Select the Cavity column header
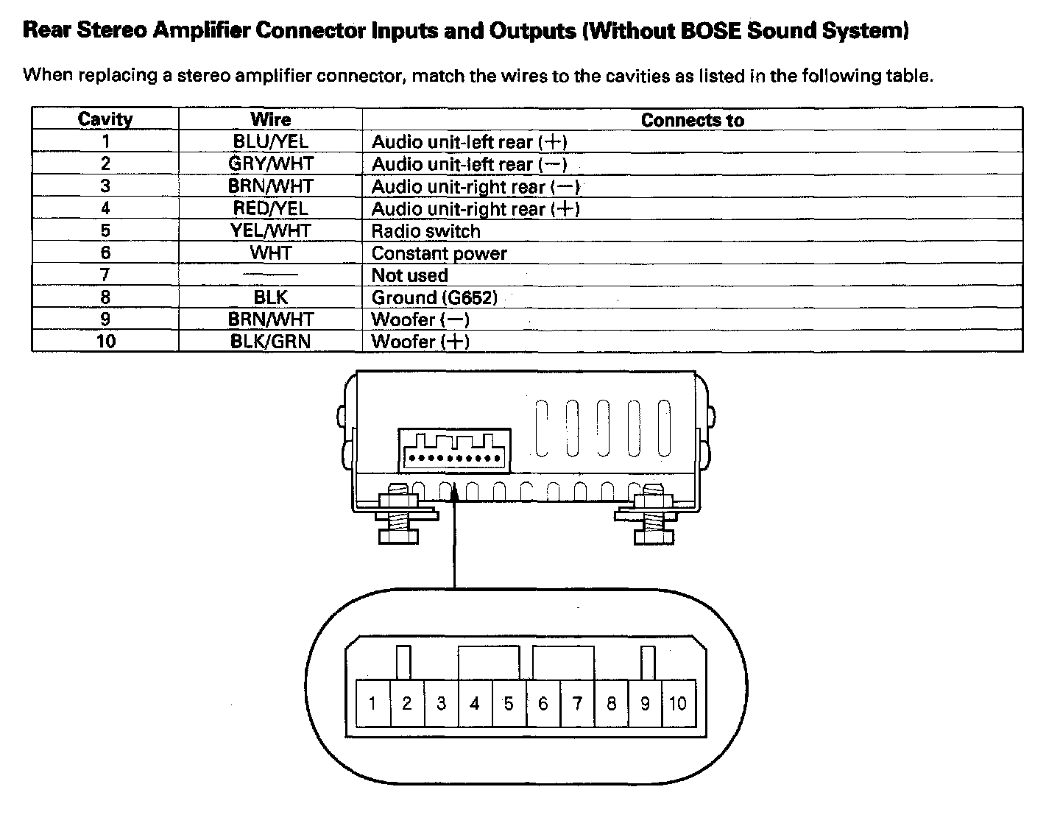(x=105, y=119)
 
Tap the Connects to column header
(x=692, y=120)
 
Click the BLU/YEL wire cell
(x=270, y=141)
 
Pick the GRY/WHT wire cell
(x=270, y=163)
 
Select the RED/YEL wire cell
(x=270, y=208)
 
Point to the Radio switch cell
(x=425, y=231)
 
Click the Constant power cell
(x=439, y=253)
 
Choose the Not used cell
(x=409, y=275)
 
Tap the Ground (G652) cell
(x=434, y=297)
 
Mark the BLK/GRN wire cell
(x=270, y=342)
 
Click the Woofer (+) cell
(x=420, y=342)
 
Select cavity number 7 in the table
(x=105, y=275)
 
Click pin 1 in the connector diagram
(x=372, y=704)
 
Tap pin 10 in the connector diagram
(x=677, y=704)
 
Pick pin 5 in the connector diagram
(x=509, y=704)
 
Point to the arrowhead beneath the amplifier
(x=455, y=494)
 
